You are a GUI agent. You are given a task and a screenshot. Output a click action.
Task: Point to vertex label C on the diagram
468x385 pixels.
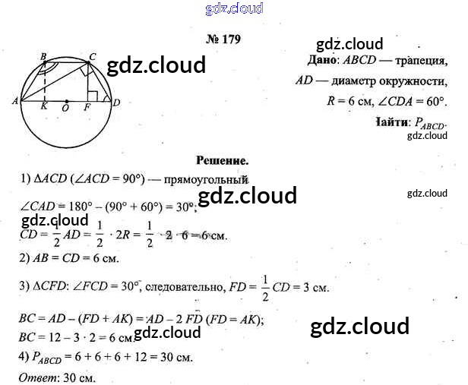pos(93,55)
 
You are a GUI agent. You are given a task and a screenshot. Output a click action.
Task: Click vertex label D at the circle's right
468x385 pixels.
pos(116,102)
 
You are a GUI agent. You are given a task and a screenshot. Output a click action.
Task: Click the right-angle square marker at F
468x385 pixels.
pos(93,96)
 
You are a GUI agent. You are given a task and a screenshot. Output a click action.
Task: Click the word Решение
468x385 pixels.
pos(223,160)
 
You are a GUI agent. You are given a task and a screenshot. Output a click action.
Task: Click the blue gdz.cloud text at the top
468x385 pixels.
pos(234,8)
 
